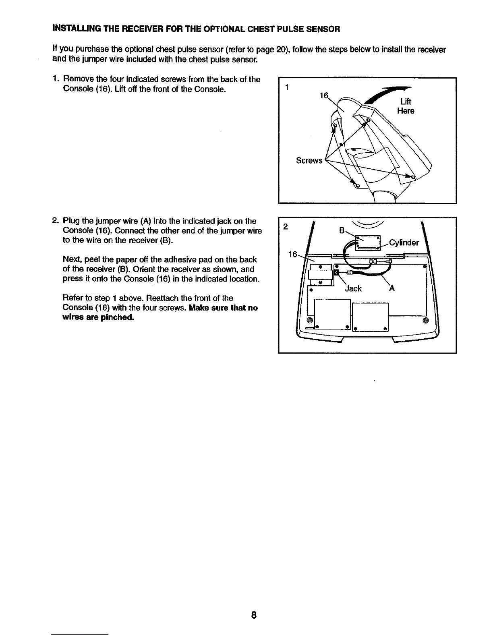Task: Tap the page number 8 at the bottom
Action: coord(254,615)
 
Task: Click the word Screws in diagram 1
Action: coord(309,161)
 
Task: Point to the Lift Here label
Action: coord(405,106)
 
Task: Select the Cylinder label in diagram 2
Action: coord(404,242)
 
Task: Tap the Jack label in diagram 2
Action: coord(353,288)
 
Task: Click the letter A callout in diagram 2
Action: coord(392,288)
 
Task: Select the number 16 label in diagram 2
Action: coord(293,254)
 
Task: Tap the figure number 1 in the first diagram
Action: coord(286,87)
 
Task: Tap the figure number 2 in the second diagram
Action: coord(285,227)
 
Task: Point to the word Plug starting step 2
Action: coord(71,221)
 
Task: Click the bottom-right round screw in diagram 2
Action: coord(426,321)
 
